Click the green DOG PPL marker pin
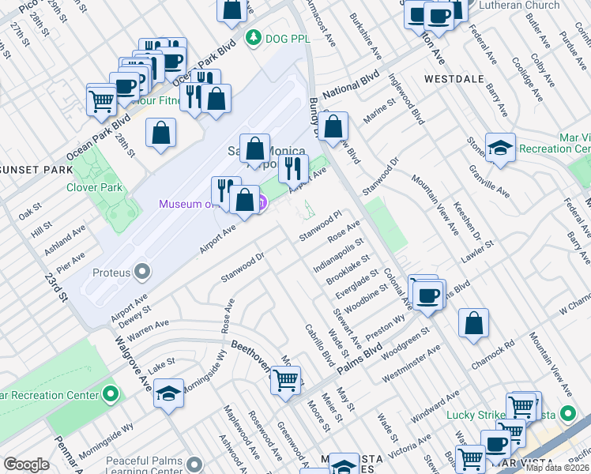point(253,36)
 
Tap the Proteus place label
point(110,273)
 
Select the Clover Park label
point(94,187)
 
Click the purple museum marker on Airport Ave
point(261,204)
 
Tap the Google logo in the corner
point(26,465)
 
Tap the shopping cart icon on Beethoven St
point(285,380)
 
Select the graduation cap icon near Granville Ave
point(500,148)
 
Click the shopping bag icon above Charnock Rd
point(473,322)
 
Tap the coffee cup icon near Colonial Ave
point(428,295)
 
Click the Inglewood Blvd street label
point(406,99)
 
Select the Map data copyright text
point(558,468)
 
